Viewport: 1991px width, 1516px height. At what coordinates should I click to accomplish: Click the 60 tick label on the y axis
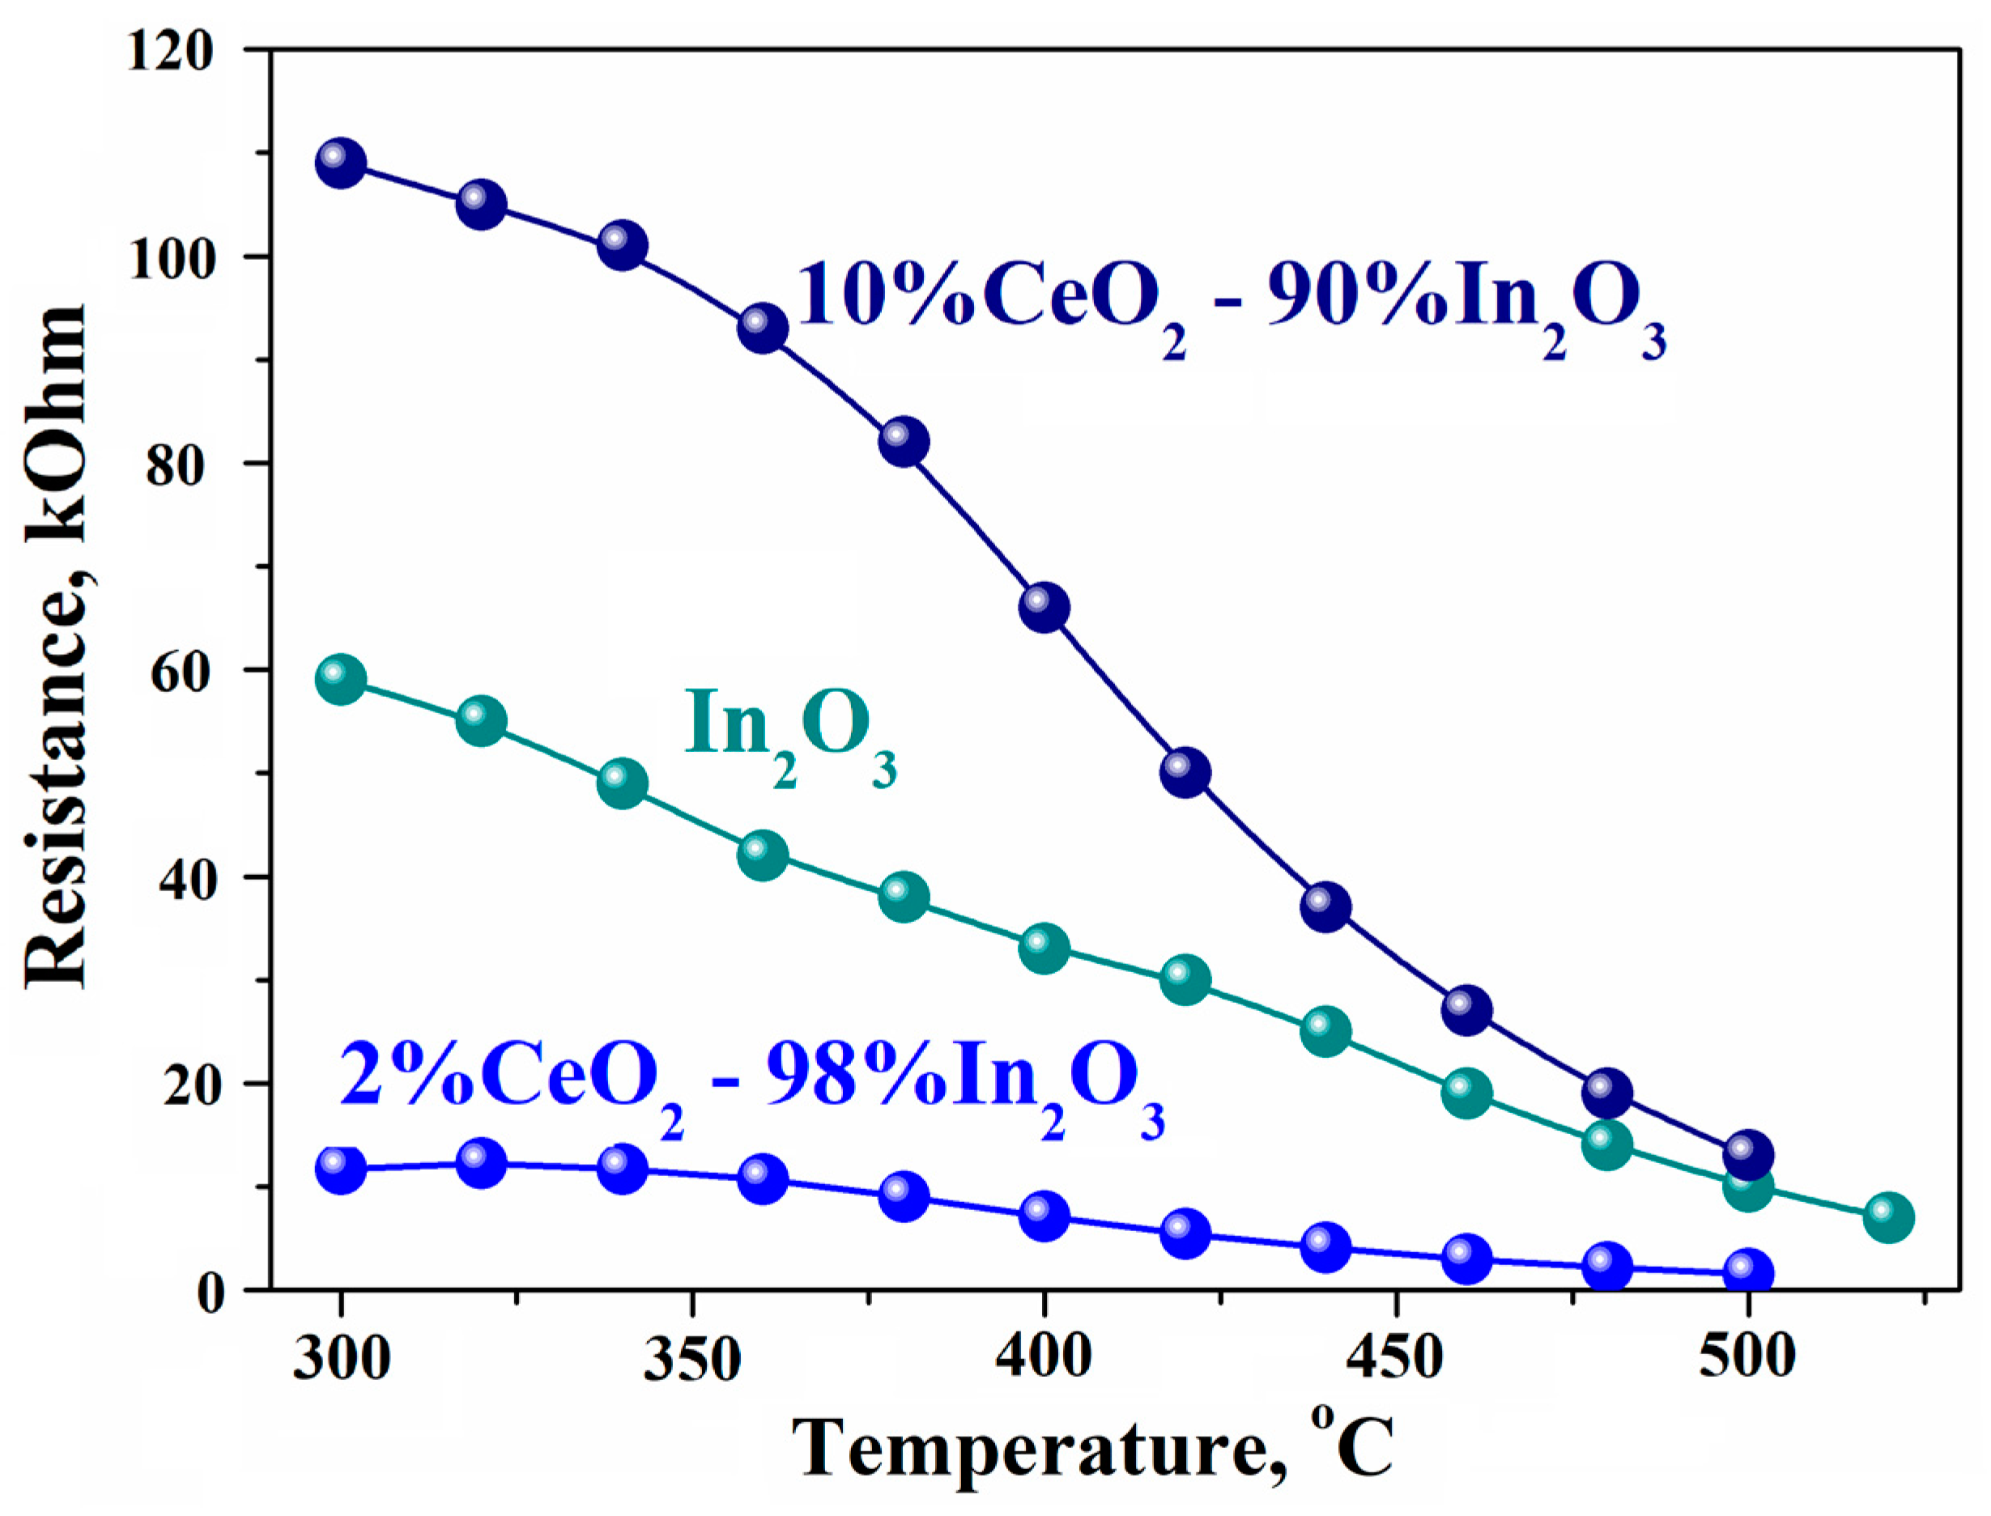coord(181,673)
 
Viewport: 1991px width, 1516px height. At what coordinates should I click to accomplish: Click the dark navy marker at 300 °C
coord(340,163)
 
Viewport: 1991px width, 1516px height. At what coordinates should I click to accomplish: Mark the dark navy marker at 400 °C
coord(1044,607)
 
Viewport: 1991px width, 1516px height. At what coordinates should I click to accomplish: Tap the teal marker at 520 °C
coord(1888,1217)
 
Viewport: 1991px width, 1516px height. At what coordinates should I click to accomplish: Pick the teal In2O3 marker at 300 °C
coord(340,680)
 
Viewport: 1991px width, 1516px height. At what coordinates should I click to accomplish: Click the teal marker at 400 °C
coord(1044,949)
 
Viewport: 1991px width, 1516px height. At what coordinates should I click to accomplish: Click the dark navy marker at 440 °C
coord(1325,907)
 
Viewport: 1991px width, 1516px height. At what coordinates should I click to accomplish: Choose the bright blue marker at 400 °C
coord(1044,1217)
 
